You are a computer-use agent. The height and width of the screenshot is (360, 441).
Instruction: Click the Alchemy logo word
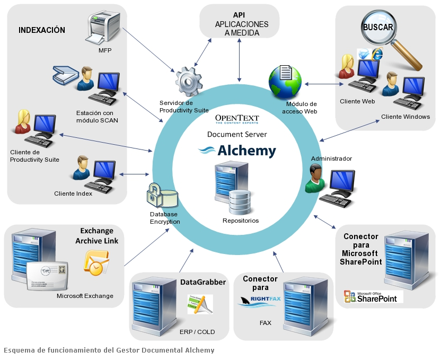point(246,151)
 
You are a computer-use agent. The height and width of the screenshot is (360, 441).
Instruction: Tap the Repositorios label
point(241,220)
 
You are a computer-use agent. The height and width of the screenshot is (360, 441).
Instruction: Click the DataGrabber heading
point(203,282)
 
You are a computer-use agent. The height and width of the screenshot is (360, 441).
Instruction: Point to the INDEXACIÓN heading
point(42,30)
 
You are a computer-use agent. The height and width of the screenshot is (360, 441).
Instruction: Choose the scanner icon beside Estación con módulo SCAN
point(65,75)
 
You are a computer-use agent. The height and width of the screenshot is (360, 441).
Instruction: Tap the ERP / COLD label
point(197,332)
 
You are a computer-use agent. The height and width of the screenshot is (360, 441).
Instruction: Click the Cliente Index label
point(73,194)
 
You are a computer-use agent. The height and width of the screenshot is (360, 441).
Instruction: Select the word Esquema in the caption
point(19,350)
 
